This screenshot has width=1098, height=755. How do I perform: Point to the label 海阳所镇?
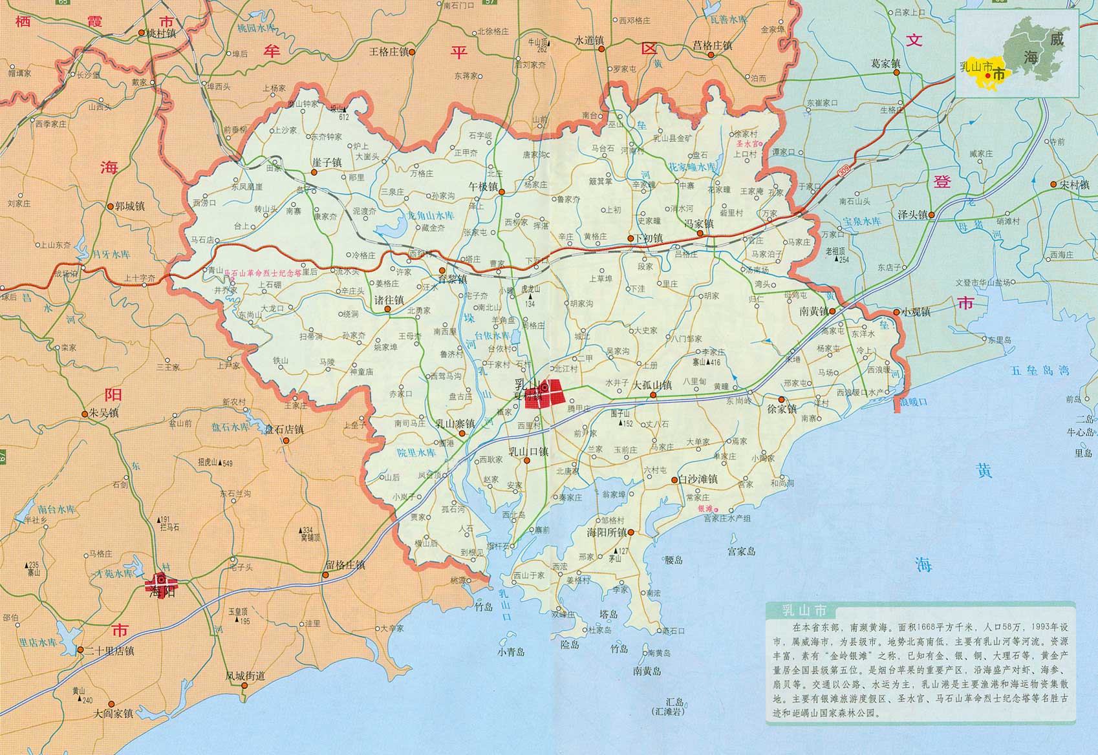click(x=607, y=533)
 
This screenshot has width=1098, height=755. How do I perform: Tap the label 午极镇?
click(x=483, y=186)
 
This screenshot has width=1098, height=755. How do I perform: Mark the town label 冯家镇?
click(x=699, y=224)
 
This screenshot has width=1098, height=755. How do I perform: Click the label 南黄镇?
click(x=813, y=312)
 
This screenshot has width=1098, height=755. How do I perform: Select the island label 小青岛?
click(x=511, y=652)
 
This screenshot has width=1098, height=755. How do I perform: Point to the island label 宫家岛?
click(x=741, y=551)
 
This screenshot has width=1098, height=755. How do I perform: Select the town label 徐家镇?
click(x=782, y=409)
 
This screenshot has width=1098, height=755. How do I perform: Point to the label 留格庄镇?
click(x=345, y=564)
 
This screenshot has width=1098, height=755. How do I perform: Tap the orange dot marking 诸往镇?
click(x=387, y=310)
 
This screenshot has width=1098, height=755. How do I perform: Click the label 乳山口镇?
click(x=528, y=452)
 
